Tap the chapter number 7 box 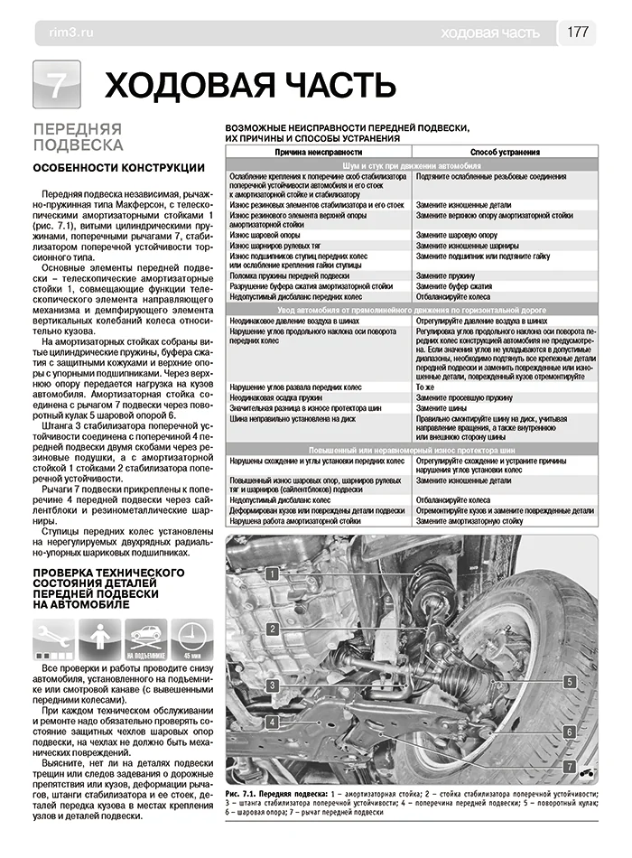click(55, 86)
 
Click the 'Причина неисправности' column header click(320, 154)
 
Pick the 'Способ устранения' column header click(505, 154)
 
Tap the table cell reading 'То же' click(424, 387)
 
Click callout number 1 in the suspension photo click(270, 574)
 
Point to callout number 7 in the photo click(570, 766)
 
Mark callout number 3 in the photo click(270, 685)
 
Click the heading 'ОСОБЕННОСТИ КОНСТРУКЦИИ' click(118, 168)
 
